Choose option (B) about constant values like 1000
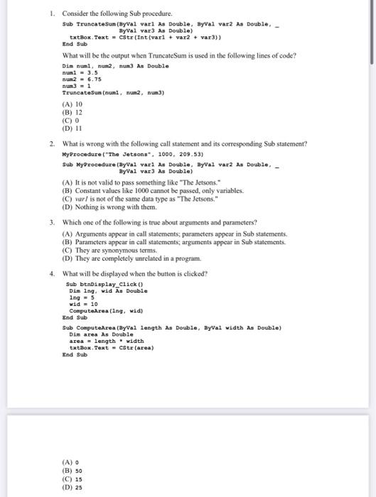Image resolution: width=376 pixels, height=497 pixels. coord(163,191)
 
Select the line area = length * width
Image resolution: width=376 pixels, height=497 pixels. coord(106,340)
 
